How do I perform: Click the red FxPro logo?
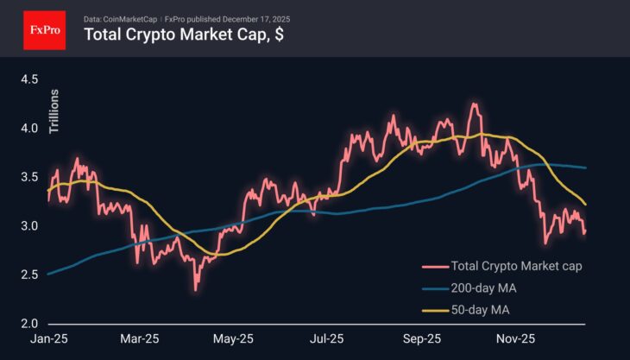45,30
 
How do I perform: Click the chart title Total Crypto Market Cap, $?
184,35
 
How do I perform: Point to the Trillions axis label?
54,111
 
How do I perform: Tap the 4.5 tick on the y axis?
29,79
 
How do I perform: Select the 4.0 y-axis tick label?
29,128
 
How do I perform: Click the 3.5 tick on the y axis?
29,177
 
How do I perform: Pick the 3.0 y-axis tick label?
29,226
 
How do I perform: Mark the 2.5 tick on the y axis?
29,275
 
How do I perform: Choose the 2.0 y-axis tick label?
29,324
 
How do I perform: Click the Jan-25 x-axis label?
49,338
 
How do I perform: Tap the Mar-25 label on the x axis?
140,338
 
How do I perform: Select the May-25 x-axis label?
233,338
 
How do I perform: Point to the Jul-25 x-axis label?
327,338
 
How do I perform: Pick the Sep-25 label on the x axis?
422,338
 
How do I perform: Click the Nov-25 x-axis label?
515,338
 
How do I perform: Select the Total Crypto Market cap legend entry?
501,266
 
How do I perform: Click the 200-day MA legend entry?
469,288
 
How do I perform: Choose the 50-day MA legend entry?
466,310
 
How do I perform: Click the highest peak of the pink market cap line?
475,104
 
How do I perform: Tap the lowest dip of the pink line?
196,290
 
